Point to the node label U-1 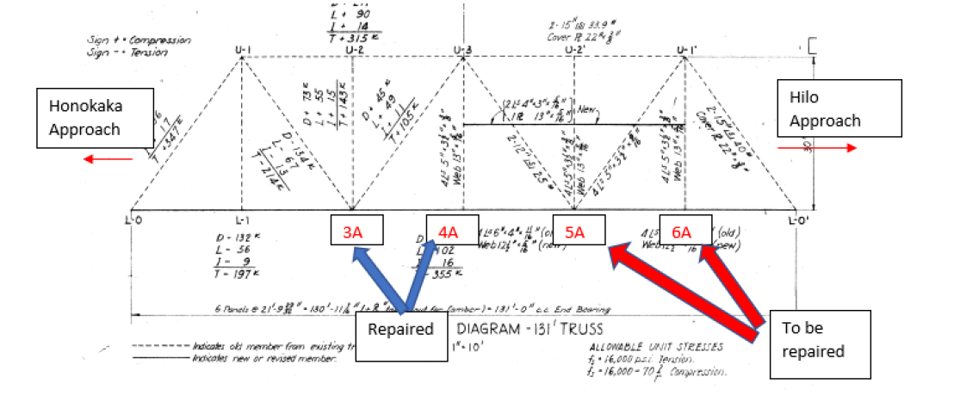pyautogui.click(x=242, y=49)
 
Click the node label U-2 pyautogui.click(x=354, y=49)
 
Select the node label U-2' pyautogui.click(x=574, y=49)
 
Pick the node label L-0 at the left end pyautogui.click(x=132, y=220)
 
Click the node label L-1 pyautogui.click(x=242, y=220)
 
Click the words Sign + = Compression pyautogui.click(x=126, y=40)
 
